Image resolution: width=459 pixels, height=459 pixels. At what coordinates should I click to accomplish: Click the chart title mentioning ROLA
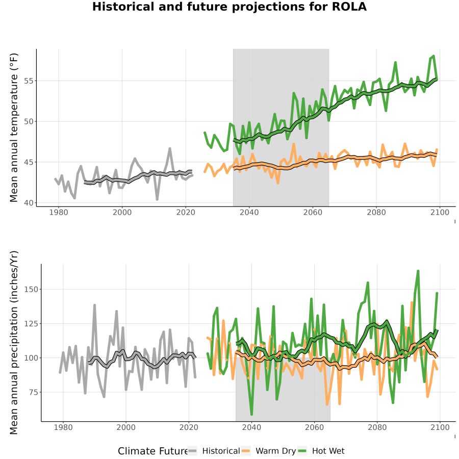(x=229, y=7)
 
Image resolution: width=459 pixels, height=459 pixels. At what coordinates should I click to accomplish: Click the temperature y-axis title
(x=14, y=127)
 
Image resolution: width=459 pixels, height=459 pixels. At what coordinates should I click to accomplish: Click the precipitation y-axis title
(x=14, y=343)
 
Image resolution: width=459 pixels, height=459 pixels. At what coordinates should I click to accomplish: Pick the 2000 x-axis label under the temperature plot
(x=122, y=212)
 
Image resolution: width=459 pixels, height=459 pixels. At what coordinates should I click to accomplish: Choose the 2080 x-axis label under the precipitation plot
(x=377, y=427)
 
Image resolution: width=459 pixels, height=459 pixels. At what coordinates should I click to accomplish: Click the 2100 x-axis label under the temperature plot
(x=440, y=212)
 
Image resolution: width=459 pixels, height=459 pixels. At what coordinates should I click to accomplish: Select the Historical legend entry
(x=214, y=451)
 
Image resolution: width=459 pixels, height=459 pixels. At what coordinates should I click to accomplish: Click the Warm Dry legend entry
(x=268, y=451)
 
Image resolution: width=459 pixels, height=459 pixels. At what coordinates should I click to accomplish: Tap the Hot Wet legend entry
(x=321, y=451)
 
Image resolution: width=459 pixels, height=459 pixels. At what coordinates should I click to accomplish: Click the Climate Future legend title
(x=152, y=451)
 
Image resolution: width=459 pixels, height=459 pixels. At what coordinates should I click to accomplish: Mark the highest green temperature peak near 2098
(x=433, y=56)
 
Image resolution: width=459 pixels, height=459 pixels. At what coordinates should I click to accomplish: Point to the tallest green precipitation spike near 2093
(x=418, y=271)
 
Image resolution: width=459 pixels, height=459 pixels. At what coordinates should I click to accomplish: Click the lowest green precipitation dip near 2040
(x=252, y=414)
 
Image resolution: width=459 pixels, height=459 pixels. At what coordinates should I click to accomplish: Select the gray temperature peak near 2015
(x=170, y=149)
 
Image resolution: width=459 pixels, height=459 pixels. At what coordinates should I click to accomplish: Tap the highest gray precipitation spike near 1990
(x=94, y=305)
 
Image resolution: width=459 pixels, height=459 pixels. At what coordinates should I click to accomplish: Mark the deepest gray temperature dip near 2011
(x=157, y=199)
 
